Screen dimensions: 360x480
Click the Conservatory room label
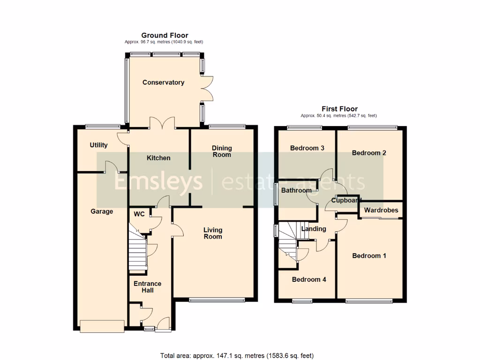tap(163, 82)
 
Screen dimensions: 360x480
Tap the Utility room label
tap(98, 145)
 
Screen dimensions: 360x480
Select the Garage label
tap(102, 211)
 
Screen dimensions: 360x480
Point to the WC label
tap(139, 214)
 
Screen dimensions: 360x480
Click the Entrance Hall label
tap(147, 287)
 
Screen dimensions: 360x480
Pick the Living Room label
tap(213, 233)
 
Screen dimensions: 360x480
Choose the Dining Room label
tap(222, 151)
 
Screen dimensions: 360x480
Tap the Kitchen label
tap(158, 158)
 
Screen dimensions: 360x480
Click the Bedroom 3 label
tap(307, 148)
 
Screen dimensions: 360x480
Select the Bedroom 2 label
tap(369, 153)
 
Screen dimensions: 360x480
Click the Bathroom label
tap(296, 190)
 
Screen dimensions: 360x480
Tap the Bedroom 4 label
tap(309, 279)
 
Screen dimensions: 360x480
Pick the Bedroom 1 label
tap(369, 256)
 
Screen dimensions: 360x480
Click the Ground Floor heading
tap(165, 35)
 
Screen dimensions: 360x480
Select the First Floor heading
tap(339, 109)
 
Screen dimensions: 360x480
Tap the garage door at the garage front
tap(102, 325)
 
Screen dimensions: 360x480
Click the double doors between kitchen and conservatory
tap(162, 123)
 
